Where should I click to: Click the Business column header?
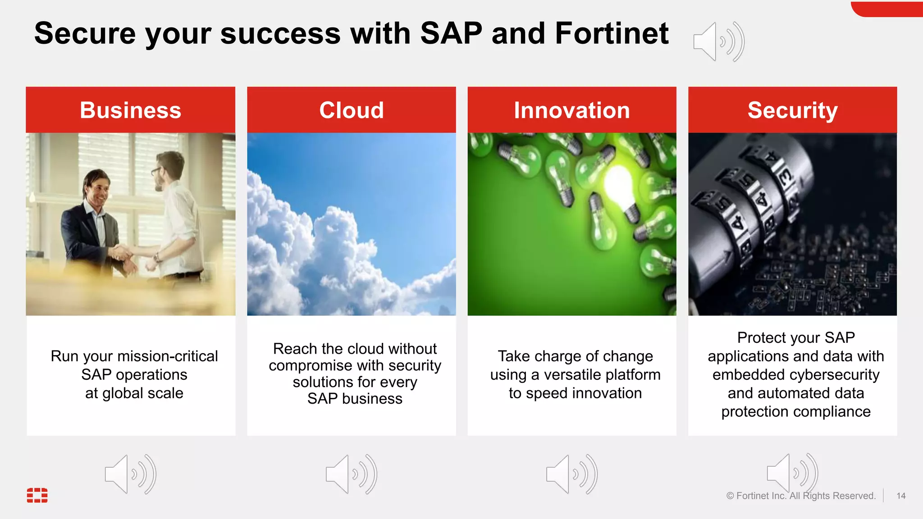coord(130,110)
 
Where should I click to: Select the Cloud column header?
coord(352,110)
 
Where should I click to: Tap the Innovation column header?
coord(572,110)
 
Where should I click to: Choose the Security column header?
coord(792,110)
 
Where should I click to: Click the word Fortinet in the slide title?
coord(612,33)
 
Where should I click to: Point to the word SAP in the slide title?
coord(451,33)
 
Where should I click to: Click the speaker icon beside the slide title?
coord(718,41)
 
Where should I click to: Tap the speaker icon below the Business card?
coord(130,474)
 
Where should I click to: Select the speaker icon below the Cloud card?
coord(351,474)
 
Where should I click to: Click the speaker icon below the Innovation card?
coord(571,474)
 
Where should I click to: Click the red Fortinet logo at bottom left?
coord(37,495)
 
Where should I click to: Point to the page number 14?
coord(901,496)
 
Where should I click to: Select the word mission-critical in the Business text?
coord(167,356)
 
